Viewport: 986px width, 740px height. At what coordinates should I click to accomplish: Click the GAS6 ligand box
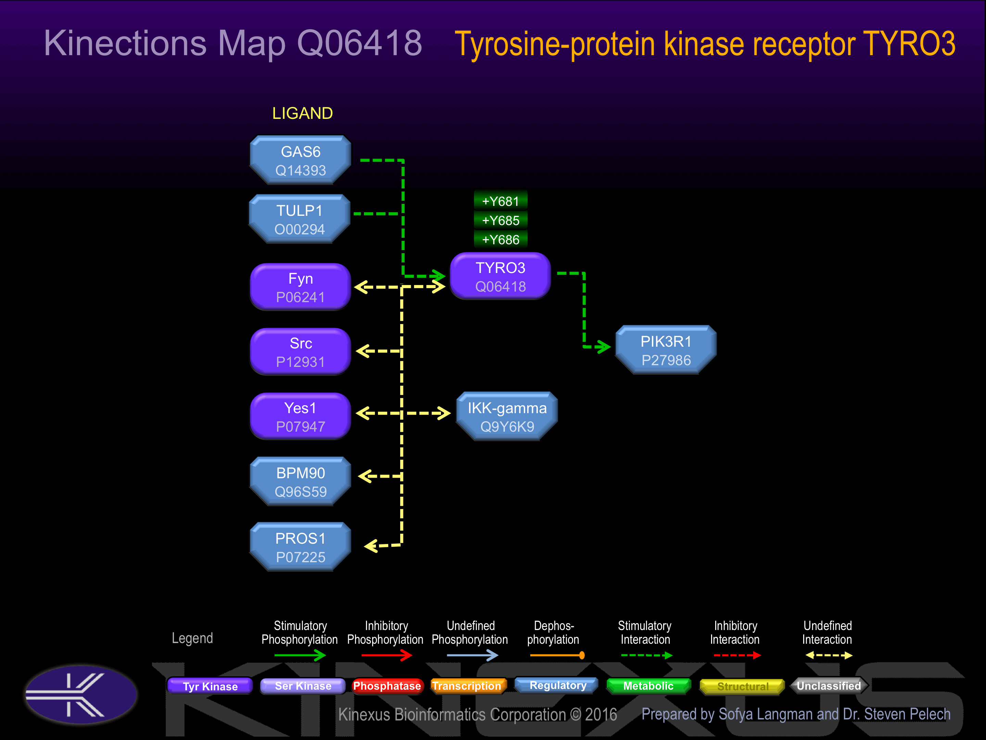[x=301, y=160]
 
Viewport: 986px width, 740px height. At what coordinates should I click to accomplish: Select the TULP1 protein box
[x=300, y=219]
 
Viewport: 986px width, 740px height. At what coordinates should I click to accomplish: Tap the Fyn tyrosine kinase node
[x=301, y=287]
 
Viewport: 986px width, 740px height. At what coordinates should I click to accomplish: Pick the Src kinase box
[x=301, y=351]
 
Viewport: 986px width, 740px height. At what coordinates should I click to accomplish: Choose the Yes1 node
[x=301, y=416]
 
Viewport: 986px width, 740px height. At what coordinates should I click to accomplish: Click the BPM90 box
[x=301, y=481]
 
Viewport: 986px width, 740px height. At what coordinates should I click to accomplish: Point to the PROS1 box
[x=301, y=547]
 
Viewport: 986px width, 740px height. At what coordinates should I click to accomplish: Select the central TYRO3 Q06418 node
[x=501, y=276]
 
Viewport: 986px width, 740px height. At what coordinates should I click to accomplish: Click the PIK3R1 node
[x=666, y=350]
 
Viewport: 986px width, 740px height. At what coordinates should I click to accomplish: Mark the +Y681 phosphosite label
[x=501, y=201]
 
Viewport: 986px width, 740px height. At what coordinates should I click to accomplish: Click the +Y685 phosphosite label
[x=501, y=220]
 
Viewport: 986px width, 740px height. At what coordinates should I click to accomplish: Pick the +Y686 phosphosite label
[x=501, y=239]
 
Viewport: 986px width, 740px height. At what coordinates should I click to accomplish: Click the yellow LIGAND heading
[x=303, y=113]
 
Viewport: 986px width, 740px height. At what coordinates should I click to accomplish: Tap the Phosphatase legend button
[x=387, y=686]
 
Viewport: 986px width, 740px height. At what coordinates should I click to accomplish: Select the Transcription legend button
[x=468, y=686]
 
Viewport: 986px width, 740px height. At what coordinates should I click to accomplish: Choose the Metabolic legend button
[x=648, y=686]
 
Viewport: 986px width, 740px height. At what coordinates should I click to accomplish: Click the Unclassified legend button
[x=829, y=686]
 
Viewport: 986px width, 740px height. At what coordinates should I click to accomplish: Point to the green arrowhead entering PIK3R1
[x=604, y=347]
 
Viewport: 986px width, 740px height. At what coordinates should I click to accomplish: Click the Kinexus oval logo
[x=81, y=694]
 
